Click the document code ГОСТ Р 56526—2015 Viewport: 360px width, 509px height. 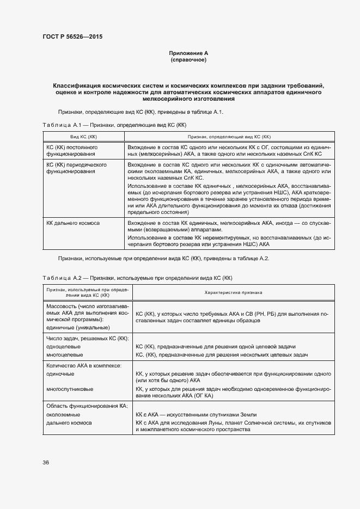[x=72, y=37]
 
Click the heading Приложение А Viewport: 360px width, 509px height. [x=188, y=53]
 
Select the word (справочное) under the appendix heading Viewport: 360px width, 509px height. [x=188, y=60]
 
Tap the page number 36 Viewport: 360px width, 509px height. [x=46, y=462]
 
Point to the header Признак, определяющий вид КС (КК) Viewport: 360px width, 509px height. [x=229, y=137]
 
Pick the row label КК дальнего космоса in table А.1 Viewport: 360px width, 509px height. [x=73, y=223]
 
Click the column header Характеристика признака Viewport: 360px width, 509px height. [x=233, y=292]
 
